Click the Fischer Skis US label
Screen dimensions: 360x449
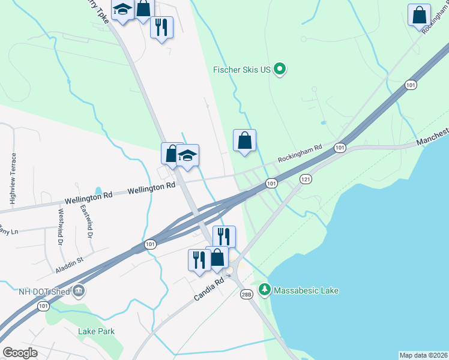(243, 70)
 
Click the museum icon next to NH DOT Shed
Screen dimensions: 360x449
(79, 292)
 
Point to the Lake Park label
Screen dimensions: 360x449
(96, 331)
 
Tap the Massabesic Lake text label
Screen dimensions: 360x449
(306, 290)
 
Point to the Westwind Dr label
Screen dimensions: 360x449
(61, 227)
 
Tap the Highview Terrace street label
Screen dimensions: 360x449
(13, 174)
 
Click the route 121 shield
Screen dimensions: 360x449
(306, 179)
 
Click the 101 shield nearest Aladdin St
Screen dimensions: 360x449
(150, 244)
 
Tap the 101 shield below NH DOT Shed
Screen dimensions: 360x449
(42, 306)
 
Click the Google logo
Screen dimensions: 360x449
(20, 353)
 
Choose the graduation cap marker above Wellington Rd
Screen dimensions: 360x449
(188, 156)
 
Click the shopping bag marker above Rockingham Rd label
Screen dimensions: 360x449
(244, 142)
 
